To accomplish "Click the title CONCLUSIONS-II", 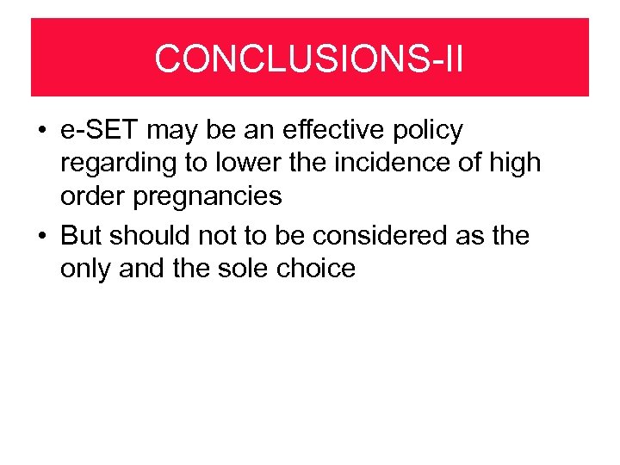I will pyautogui.click(x=309, y=59).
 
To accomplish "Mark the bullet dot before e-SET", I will pyautogui.click(x=41, y=132).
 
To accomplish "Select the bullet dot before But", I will pyautogui.click(x=41, y=236).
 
